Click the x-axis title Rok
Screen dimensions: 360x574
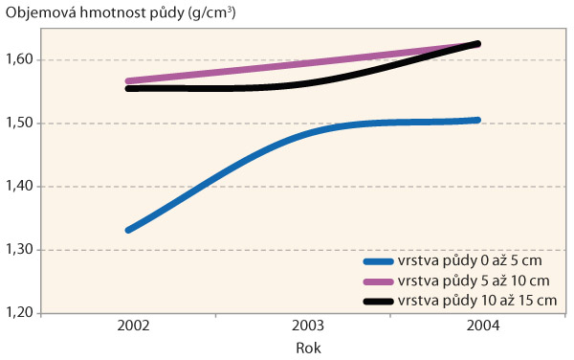(x=307, y=349)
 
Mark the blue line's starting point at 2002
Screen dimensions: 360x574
(x=128, y=230)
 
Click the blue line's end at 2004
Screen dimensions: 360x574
(x=477, y=121)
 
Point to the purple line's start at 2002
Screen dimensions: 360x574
(x=128, y=81)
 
